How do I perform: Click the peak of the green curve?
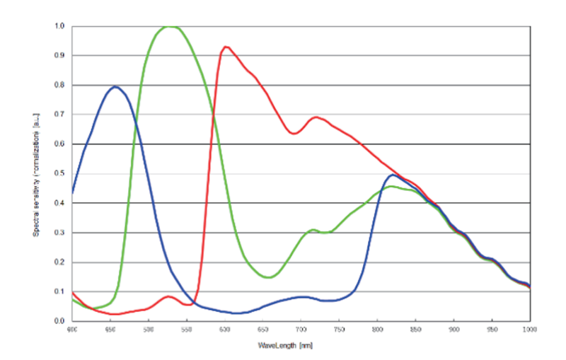point(170,26)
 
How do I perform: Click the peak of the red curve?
point(225,47)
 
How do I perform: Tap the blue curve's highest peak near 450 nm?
point(115,86)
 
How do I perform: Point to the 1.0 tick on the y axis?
point(60,26)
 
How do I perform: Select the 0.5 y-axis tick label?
point(60,174)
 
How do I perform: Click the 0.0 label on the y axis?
point(60,321)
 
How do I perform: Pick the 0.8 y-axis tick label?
point(60,86)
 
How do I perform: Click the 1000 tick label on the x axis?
point(529,330)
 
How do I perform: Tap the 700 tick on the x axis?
point(301,330)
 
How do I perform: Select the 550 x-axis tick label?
point(186,330)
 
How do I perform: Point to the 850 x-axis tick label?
point(415,330)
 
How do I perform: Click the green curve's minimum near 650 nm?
point(269,277)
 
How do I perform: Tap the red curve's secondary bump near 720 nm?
point(316,117)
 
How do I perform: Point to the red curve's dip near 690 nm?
point(294,133)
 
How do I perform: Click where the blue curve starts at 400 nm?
point(72,192)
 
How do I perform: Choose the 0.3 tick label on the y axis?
point(60,233)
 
